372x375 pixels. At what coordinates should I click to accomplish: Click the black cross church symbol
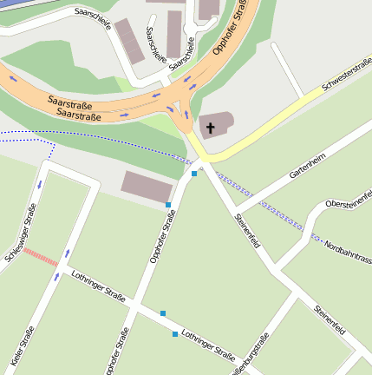click(210, 128)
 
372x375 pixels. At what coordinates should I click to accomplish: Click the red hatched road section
click(40, 257)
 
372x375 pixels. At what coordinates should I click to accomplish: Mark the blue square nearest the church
click(194, 174)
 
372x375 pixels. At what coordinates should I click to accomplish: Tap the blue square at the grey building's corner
click(168, 205)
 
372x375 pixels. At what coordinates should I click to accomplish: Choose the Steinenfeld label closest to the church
click(247, 237)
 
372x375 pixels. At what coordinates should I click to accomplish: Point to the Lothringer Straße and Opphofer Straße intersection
click(134, 304)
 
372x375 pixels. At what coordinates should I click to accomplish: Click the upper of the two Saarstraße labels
click(71, 102)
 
